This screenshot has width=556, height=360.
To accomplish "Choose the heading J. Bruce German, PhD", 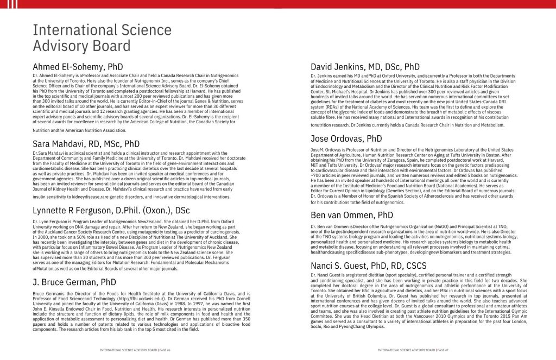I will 74,282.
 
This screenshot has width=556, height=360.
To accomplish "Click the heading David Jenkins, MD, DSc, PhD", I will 365,67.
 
